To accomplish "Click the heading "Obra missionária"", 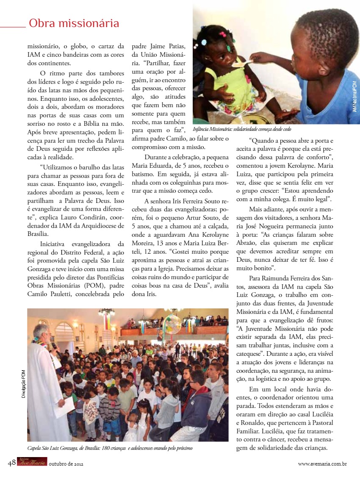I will pyautogui.click(x=74, y=23).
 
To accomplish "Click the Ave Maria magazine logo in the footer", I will pyautogui.click(x=32, y=462).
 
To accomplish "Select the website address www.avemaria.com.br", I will pyautogui.click(x=323, y=464).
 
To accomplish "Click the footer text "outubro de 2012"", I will pyautogui.click(x=66, y=464).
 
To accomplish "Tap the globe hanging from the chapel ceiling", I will pyautogui.click(x=172, y=324).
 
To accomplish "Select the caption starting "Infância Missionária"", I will pyautogui.click(x=242, y=129).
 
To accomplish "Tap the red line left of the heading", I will pyautogui.click(x=13, y=27).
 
